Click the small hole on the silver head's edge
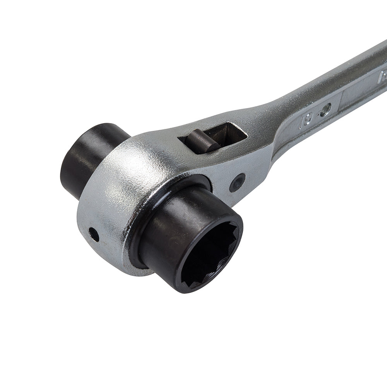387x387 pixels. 94,234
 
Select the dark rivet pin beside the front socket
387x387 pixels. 237,182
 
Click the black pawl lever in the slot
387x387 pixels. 201,140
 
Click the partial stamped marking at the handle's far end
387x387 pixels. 383,74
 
